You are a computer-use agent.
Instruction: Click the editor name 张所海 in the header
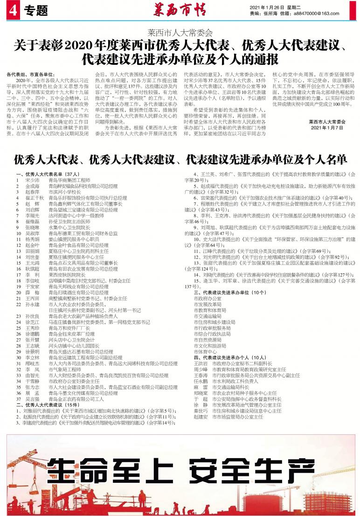pos(271,14)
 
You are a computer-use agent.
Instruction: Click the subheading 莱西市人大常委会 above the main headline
pos(180,33)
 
